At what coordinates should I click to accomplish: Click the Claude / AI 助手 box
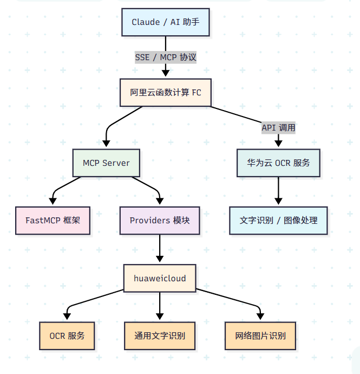[x=165, y=22]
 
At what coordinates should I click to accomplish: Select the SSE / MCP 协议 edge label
[x=165, y=57]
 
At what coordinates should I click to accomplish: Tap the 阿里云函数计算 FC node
[x=165, y=92]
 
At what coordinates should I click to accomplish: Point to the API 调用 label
[x=278, y=127]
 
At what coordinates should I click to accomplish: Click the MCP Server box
[x=106, y=163]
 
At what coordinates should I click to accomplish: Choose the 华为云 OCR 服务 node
[x=278, y=163]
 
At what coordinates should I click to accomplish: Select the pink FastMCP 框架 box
[x=53, y=221]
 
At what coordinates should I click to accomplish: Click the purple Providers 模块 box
[x=160, y=221]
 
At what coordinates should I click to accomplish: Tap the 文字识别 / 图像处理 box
[x=278, y=221]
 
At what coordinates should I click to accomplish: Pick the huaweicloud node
[x=160, y=278]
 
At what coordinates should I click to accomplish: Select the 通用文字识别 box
[x=160, y=336]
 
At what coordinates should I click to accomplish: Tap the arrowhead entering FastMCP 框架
[x=53, y=202]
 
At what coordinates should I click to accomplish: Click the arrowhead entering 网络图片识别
[x=260, y=317]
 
